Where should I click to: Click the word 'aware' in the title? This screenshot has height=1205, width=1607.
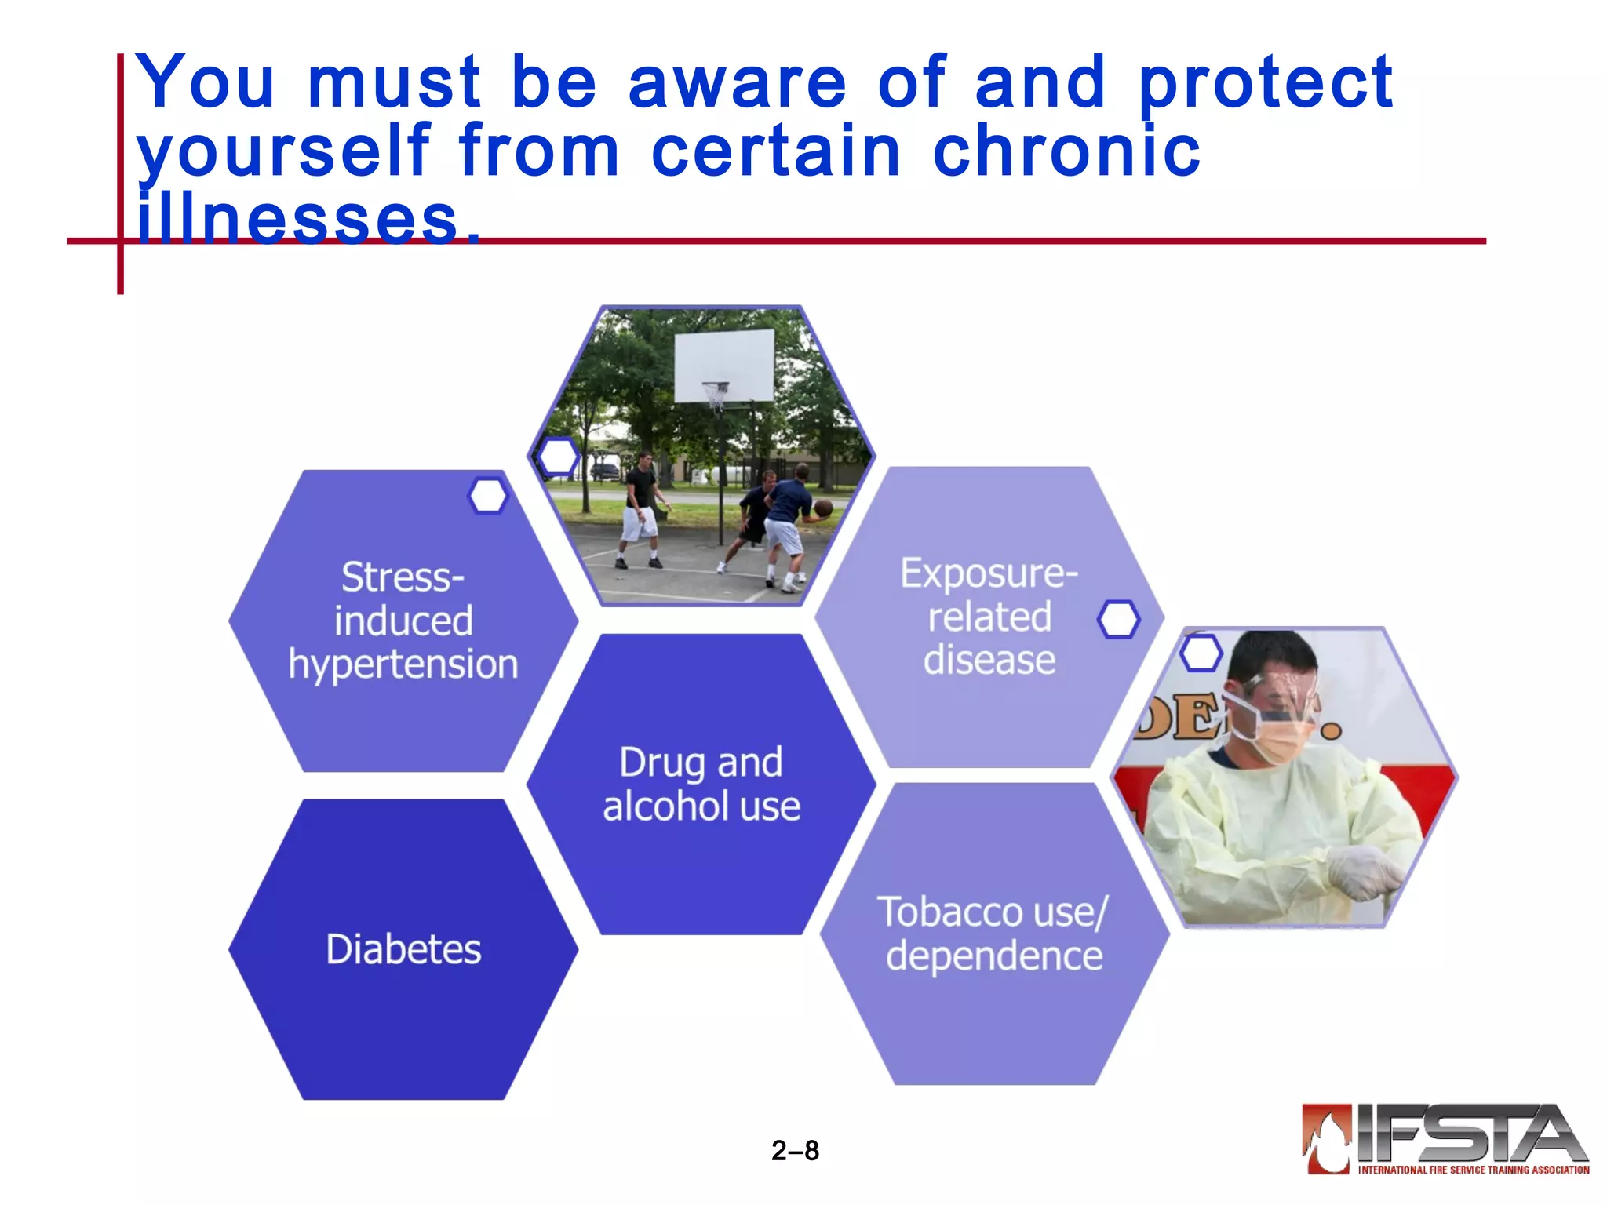click(x=737, y=83)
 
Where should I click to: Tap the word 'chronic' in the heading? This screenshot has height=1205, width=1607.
click(x=1066, y=151)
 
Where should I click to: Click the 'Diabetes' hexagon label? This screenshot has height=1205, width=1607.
click(x=403, y=949)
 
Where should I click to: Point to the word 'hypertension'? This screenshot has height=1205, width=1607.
click(x=403, y=664)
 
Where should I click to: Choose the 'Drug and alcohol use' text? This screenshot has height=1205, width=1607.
click(x=701, y=785)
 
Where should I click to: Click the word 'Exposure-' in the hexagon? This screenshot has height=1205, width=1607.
click(x=989, y=573)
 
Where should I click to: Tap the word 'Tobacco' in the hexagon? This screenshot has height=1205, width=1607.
click(x=950, y=912)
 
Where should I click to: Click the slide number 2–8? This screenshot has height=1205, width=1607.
click(x=795, y=1150)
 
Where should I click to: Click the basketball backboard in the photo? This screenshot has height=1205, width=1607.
click(x=723, y=365)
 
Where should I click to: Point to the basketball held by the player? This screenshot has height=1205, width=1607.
click(x=822, y=508)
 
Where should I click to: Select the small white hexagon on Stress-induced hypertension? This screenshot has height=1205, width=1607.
click(x=488, y=496)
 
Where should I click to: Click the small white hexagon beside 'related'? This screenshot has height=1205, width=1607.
click(x=1118, y=620)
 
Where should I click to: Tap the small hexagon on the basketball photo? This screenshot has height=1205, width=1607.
click(x=558, y=456)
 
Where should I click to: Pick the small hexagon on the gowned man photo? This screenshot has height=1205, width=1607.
click(x=1201, y=653)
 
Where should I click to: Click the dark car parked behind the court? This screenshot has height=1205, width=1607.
click(x=604, y=471)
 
